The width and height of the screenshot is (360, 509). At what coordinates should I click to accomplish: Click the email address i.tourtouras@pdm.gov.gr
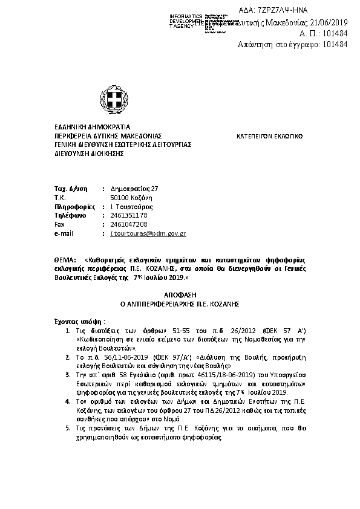[148, 233]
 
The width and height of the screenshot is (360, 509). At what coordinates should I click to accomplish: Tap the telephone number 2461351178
[129, 215]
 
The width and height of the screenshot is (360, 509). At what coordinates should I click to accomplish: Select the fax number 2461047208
[129, 224]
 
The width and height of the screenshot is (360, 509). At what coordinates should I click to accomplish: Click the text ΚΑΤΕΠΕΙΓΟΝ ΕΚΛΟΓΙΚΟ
[269, 137]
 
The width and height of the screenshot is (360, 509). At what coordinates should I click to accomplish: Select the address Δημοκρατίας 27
[134, 189]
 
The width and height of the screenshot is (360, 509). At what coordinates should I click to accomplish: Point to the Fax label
[59, 224]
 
